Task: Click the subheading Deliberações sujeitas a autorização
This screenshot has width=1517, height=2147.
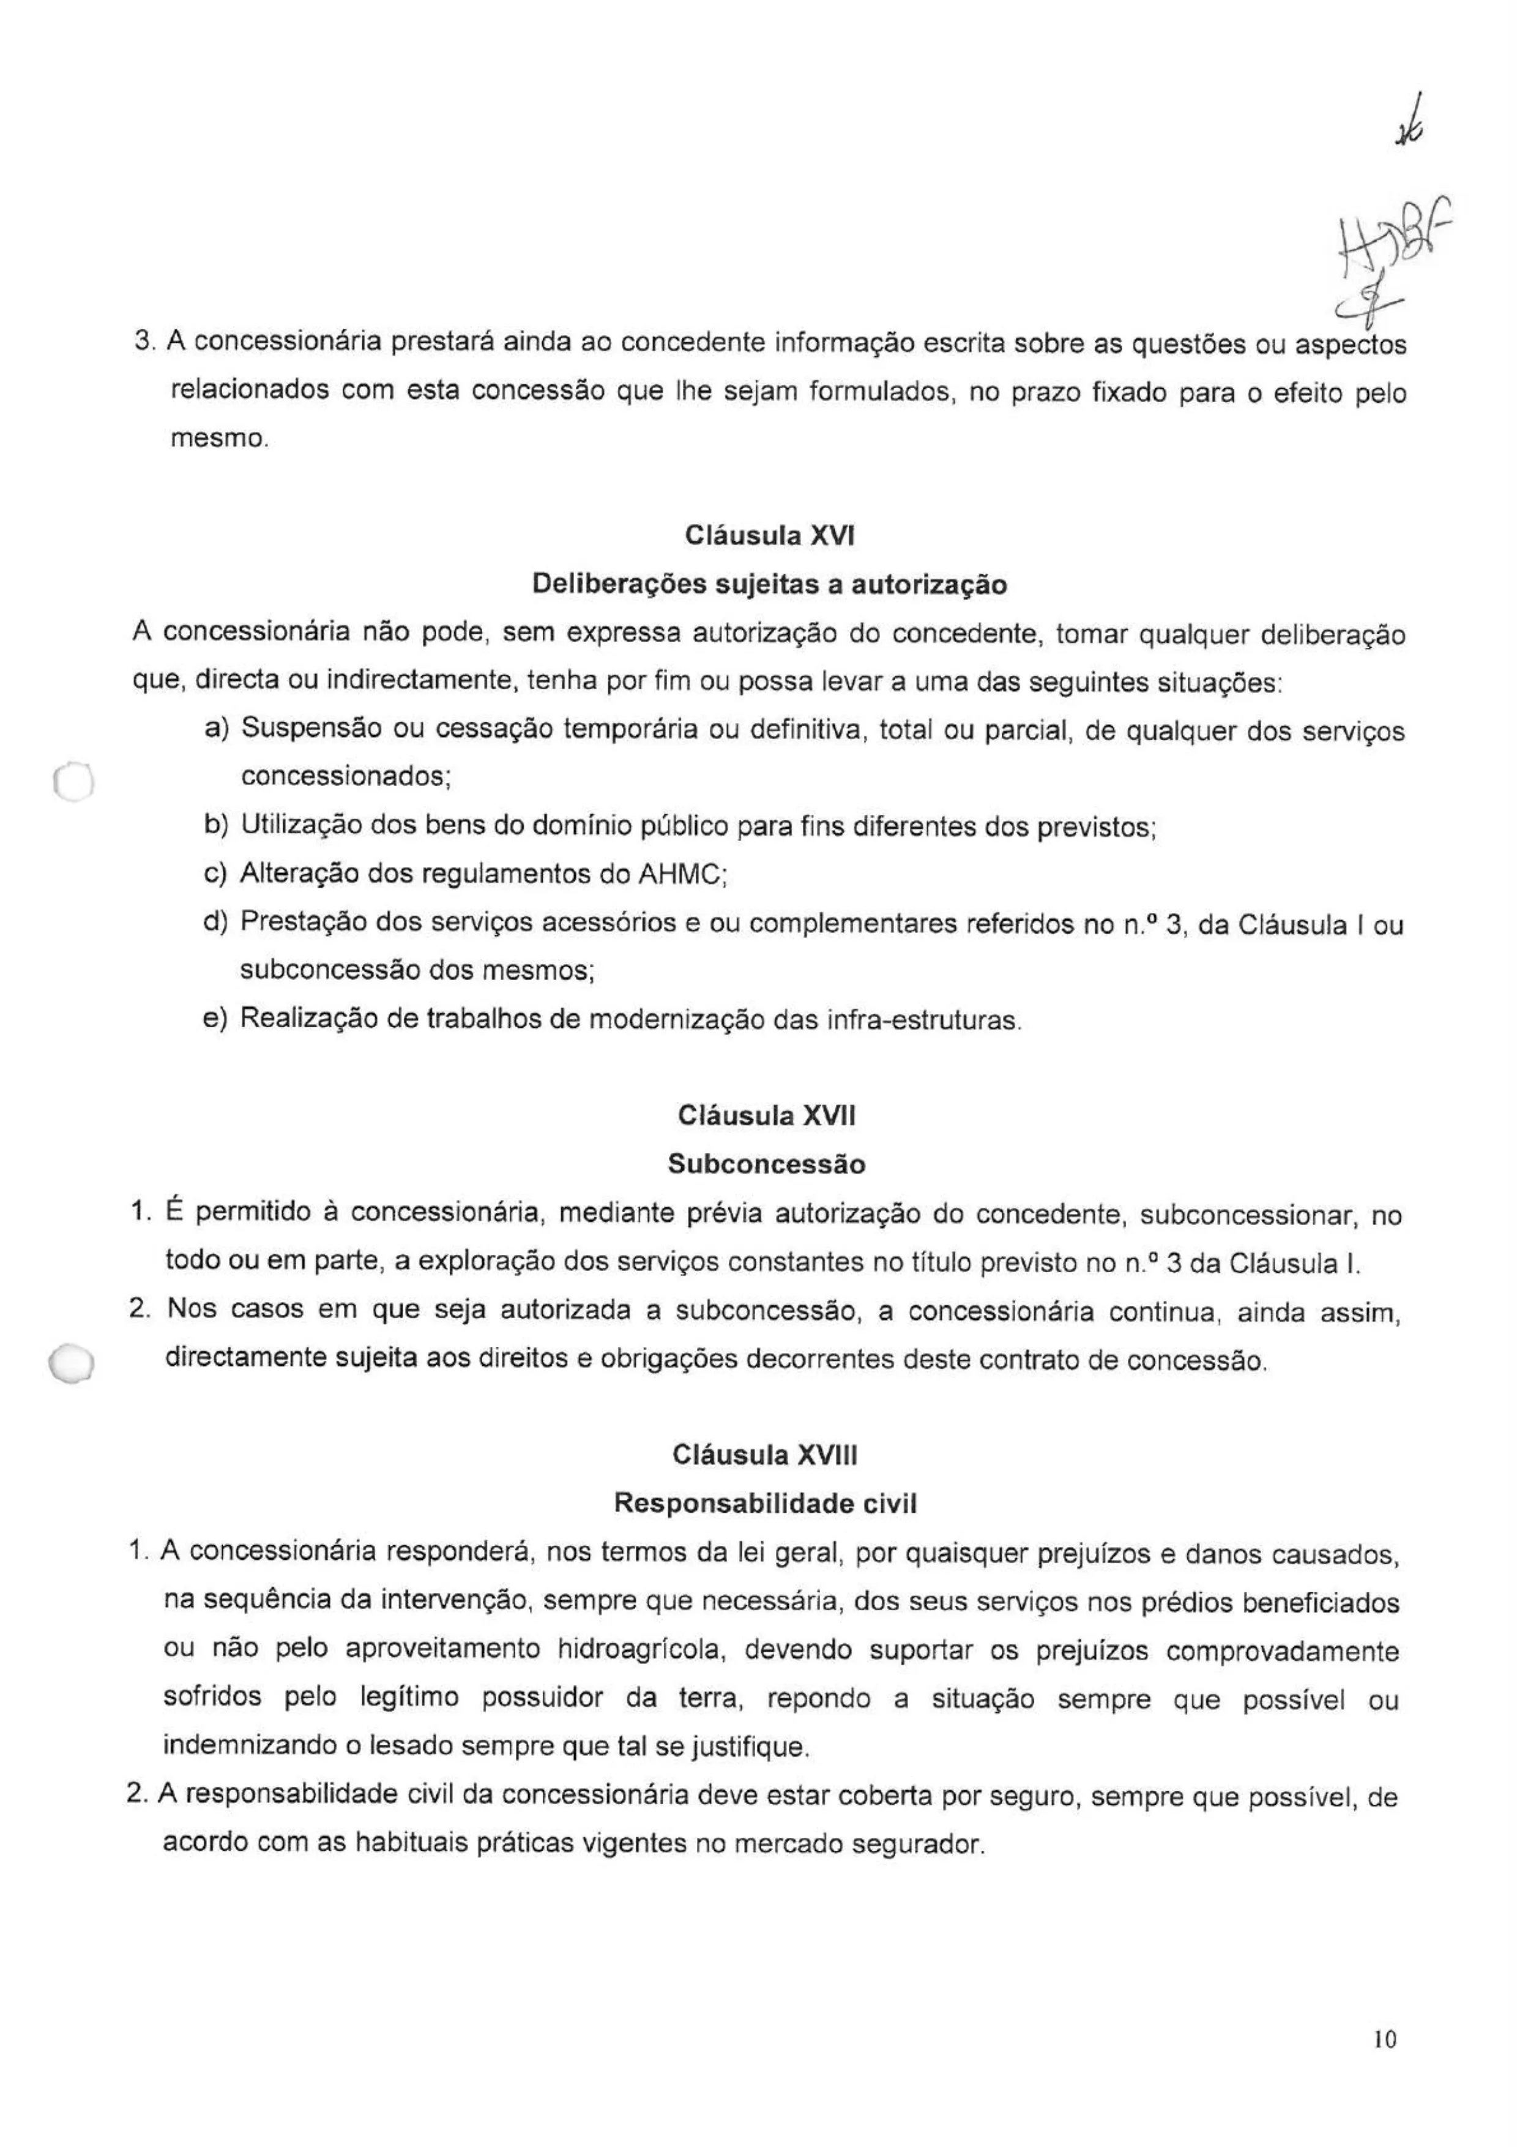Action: click(769, 585)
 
